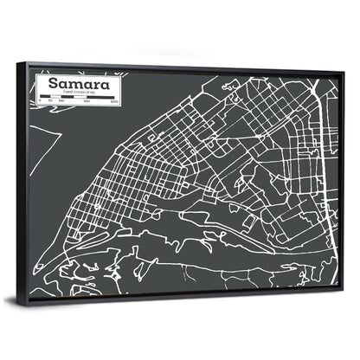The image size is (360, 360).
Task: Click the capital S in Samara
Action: coord(54,83)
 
